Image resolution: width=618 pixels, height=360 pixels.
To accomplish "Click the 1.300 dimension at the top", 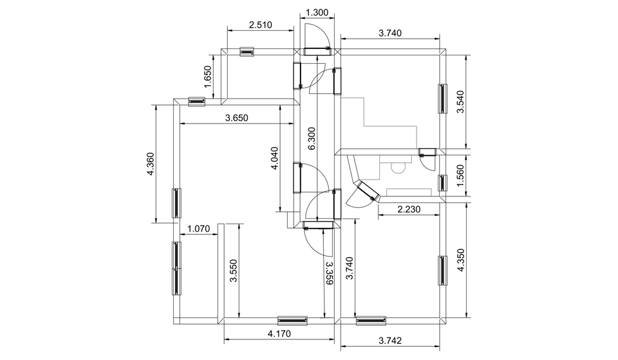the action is [317, 13].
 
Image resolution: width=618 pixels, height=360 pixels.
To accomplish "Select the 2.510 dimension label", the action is [261, 25].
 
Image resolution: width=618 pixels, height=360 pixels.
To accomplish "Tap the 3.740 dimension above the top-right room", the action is [390, 33].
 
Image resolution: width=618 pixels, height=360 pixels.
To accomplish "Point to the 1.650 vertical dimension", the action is [207, 77].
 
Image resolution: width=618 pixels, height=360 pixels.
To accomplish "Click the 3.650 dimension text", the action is [236, 118].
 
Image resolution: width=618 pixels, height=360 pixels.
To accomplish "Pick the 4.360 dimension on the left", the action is [150, 164].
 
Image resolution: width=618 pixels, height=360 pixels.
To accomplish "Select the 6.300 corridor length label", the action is [312, 138].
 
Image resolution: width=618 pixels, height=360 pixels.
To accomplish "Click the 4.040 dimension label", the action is [274, 158].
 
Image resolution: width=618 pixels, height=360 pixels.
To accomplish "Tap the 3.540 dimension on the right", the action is [460, 102].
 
